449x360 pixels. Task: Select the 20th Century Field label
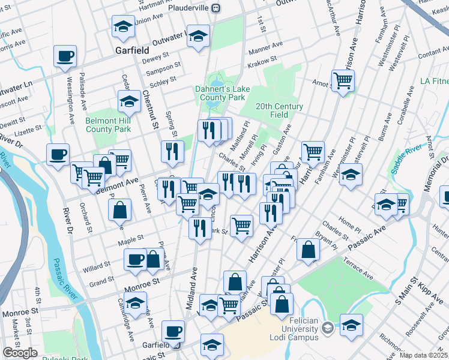[x=279, y=110]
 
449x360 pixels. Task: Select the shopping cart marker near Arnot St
[x=342, y=80]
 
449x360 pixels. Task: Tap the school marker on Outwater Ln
[x=198, y=36]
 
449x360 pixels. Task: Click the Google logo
[x=20, y=353]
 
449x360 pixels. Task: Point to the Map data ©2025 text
[x=423, y=355]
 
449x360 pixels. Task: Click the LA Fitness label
[x=434, y=81]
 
